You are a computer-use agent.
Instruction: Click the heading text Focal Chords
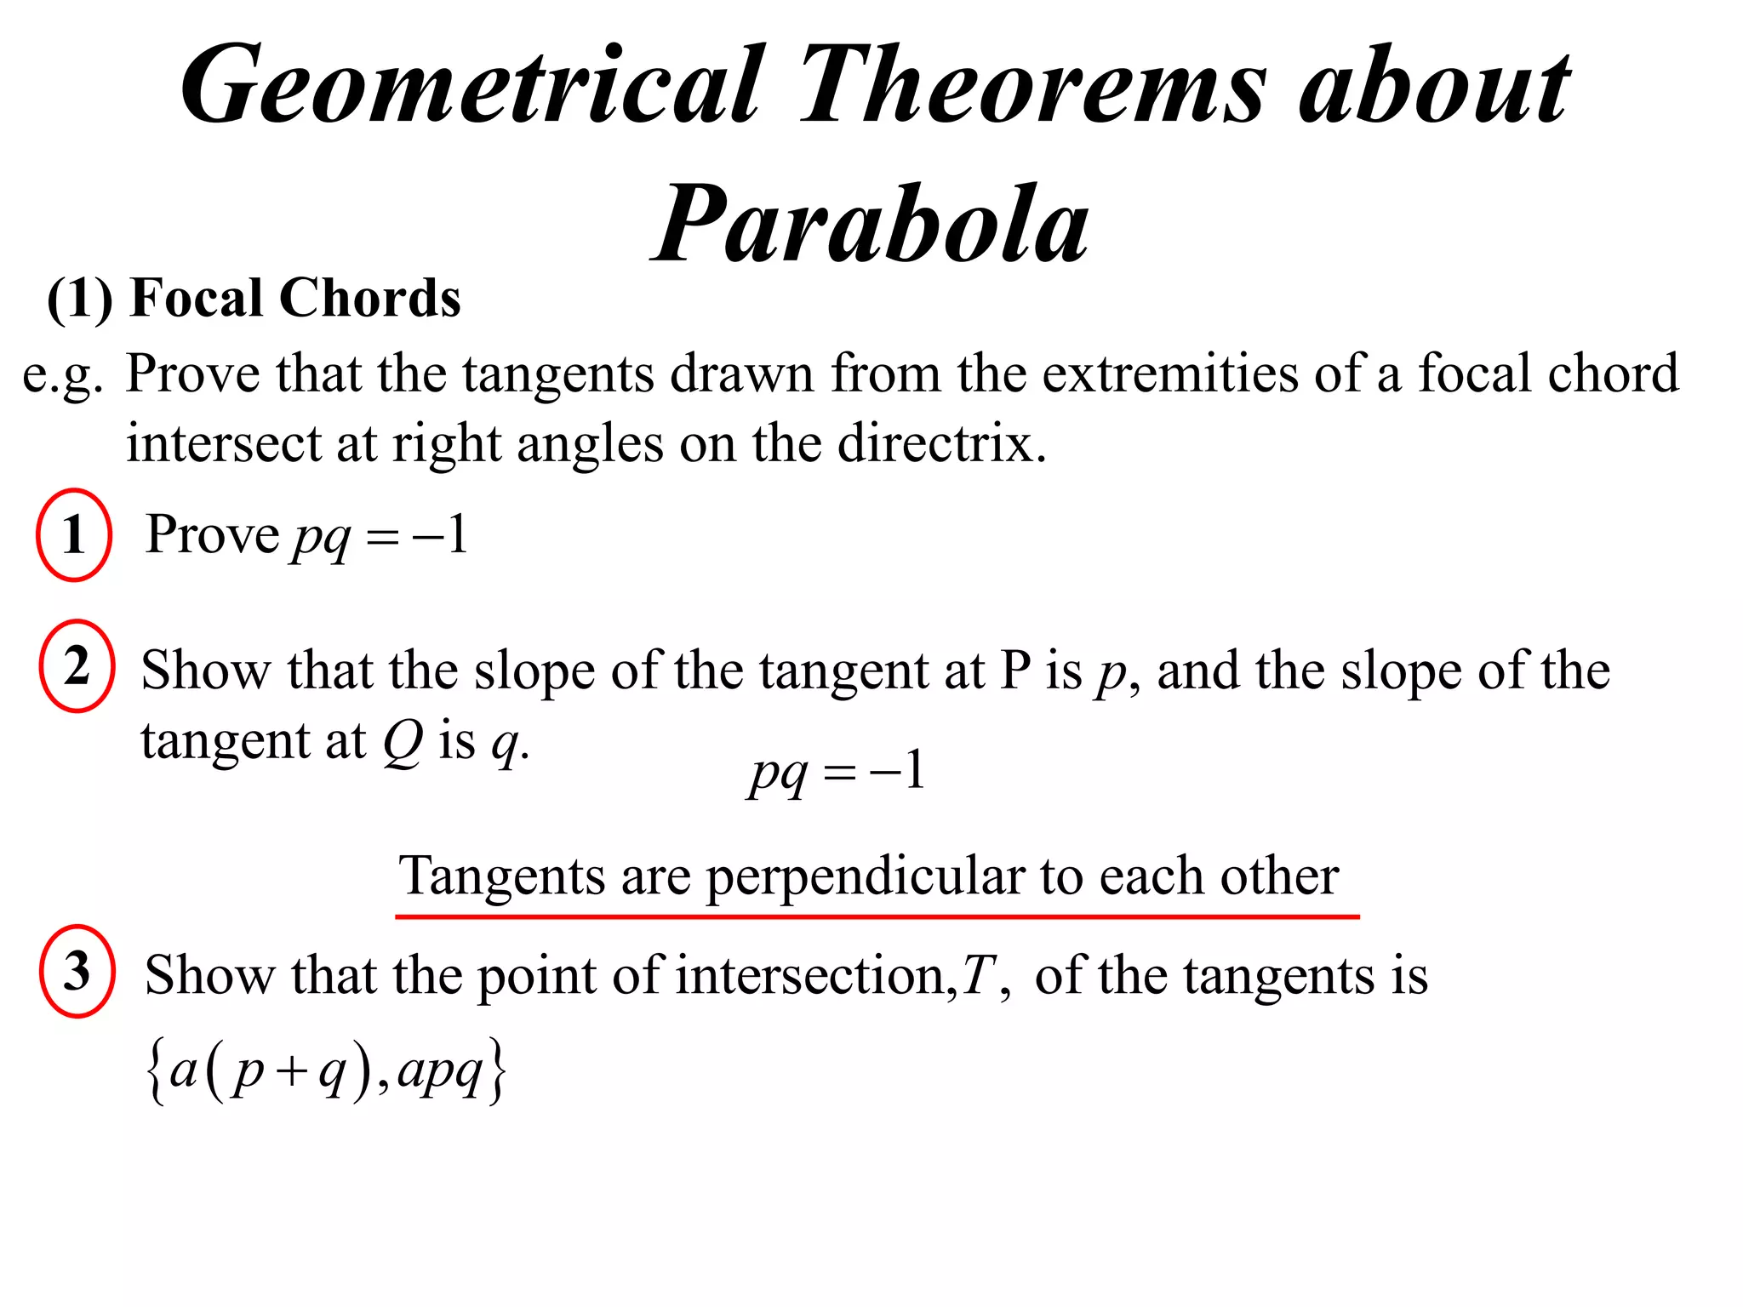pos(294,298)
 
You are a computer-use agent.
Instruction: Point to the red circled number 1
pos(74,535)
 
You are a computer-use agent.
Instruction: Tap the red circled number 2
pos(77,666)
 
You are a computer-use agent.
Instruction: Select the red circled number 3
pos(77,971)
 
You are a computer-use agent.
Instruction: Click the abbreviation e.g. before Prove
pos(61,374)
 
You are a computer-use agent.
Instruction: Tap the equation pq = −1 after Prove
pos(380,537)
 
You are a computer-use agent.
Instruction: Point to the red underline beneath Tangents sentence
pos(877,916)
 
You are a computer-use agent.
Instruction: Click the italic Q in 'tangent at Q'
pos(402,742)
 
